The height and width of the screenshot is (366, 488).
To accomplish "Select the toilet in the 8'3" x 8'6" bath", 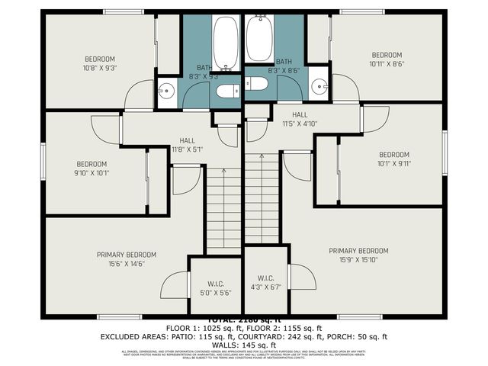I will pyautogui.click(x=256, y=83).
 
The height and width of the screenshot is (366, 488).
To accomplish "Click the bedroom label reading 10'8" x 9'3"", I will pyautogui.click(x=99, y=63).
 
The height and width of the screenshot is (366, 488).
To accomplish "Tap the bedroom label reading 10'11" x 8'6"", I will pyautogui.click(x=387, y=59).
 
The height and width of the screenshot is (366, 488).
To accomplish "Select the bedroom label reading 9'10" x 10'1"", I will pyautogui.click(x=91, y=169).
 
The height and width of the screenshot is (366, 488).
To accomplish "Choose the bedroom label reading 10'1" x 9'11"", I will pyautogui.click(x=394, y=158).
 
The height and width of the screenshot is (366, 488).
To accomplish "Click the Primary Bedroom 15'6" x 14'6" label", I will pyautogui.click(x=126, y=259).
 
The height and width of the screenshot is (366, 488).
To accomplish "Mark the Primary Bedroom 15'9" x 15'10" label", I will pyautogui.click(x=358, y=255).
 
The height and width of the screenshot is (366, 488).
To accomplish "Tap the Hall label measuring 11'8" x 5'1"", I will pyautogui.click(x=187, y=146).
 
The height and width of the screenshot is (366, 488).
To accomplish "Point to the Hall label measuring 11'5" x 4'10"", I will pyautogui.click(x=299, y=119).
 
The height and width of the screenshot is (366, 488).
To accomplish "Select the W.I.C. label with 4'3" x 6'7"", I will pyautogui.click(x=265, y=282).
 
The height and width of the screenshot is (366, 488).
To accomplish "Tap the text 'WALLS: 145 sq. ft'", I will pyautogui.click(x=243, y=345).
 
